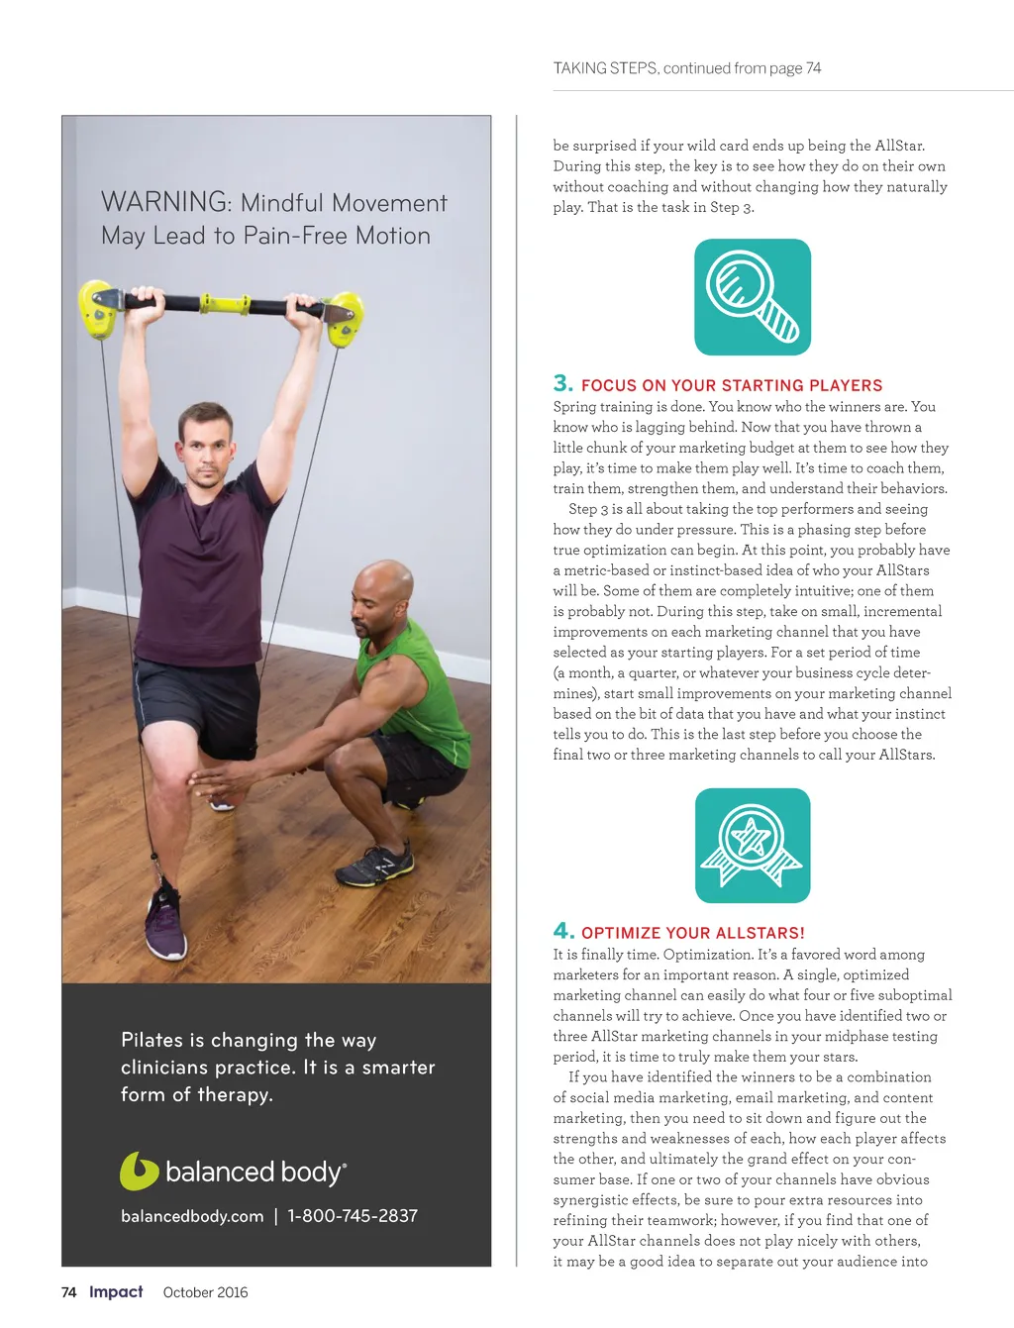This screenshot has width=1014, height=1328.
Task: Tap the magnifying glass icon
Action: point(753,297)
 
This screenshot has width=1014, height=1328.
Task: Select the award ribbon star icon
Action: point(753,845)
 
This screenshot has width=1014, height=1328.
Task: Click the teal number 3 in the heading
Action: point(562,383)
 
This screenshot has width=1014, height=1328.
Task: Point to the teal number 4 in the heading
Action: point(563,931)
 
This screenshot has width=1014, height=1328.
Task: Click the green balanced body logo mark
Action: point(139,1171)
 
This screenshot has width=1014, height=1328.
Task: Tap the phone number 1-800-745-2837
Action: point(353,1216)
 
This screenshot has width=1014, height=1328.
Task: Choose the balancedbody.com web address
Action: point(192,1216)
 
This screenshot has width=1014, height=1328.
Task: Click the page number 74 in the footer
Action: point(69,1292)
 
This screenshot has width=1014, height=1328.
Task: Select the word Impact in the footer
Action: point(116,1292)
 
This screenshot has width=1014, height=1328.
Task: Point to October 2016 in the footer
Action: point(205,1292)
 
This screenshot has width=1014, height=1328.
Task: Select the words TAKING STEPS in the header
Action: point(605,68)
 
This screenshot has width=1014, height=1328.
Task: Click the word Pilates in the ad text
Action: point(152,1040)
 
